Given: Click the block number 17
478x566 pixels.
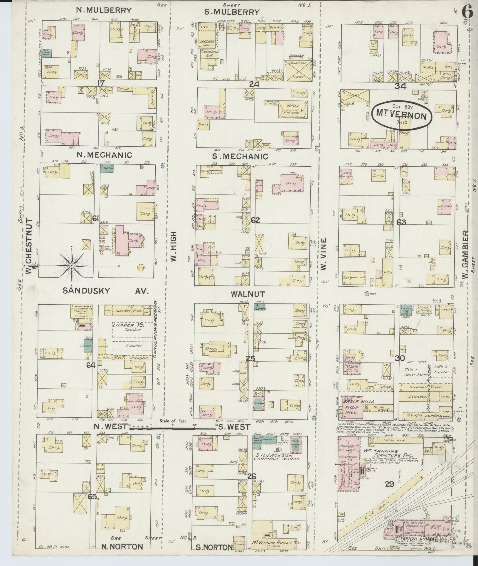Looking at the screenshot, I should click(x=101, y=83).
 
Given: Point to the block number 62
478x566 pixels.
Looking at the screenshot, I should click(x=255, y=220).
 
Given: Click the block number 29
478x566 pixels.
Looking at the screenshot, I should click(x=389, y=492).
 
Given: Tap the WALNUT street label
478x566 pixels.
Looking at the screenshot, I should click(x=248, y=294).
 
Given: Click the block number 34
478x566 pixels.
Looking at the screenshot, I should click(x=400, y=86).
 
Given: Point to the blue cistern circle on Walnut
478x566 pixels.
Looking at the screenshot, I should click(x=367, y=293).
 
